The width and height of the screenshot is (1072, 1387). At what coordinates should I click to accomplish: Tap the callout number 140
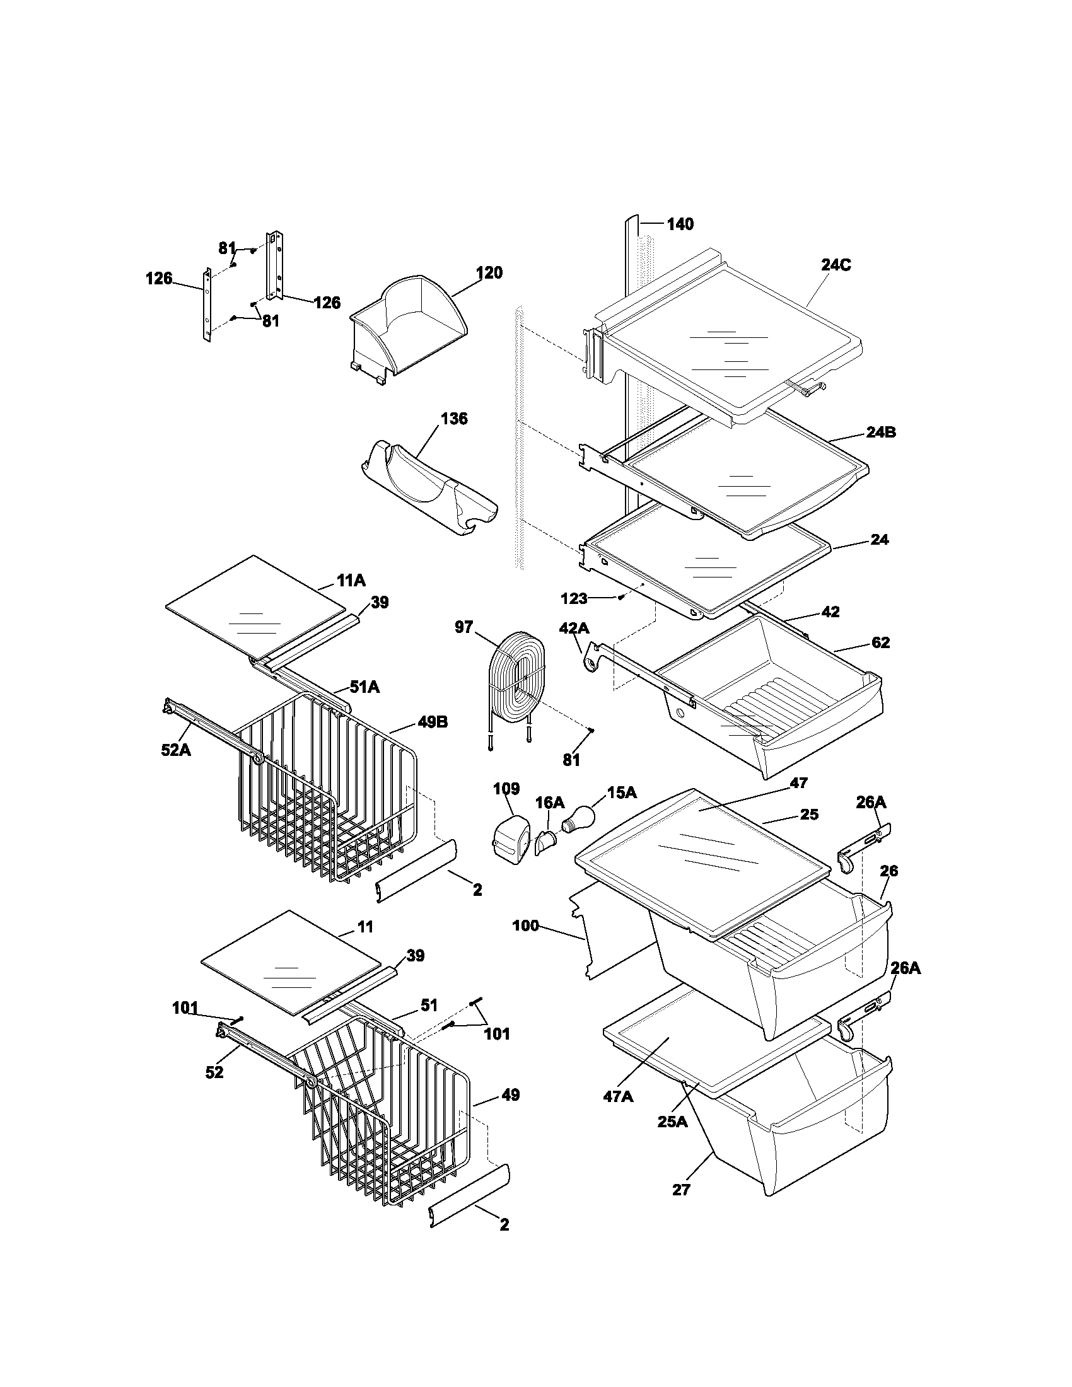click(680, 224)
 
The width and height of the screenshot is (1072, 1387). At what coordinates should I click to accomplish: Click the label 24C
click(836, 265)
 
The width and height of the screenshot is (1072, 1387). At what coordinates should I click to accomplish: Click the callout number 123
click(573, 598)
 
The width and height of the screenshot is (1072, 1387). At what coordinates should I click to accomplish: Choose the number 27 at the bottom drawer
click(681, 1190)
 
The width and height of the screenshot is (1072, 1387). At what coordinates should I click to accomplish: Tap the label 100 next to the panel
click(526, 926)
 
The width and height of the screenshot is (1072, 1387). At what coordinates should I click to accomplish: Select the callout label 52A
click(175, 750)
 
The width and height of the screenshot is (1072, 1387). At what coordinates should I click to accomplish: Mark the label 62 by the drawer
click(880, 642)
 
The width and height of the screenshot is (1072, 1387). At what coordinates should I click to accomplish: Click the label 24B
click(882, 432)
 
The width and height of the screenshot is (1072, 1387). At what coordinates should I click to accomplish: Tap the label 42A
click(573, 628)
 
